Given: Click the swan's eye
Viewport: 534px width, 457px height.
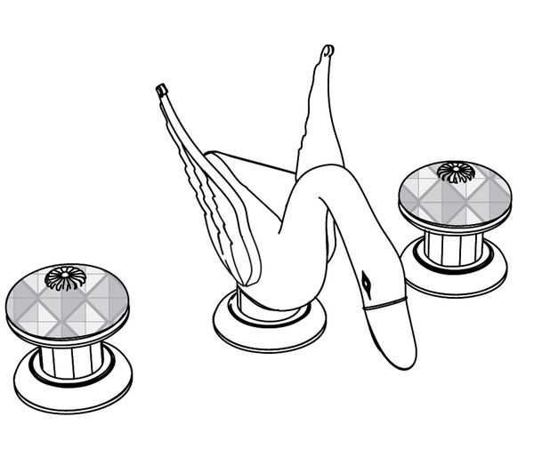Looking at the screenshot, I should point(367,284).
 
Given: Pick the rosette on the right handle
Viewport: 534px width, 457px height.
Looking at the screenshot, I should point(455,172).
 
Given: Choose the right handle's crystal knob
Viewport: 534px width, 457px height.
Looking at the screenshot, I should point(453,195).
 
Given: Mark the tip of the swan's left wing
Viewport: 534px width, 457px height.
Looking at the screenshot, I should point(162,88).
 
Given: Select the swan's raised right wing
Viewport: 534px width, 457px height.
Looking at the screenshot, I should point(319,116).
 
